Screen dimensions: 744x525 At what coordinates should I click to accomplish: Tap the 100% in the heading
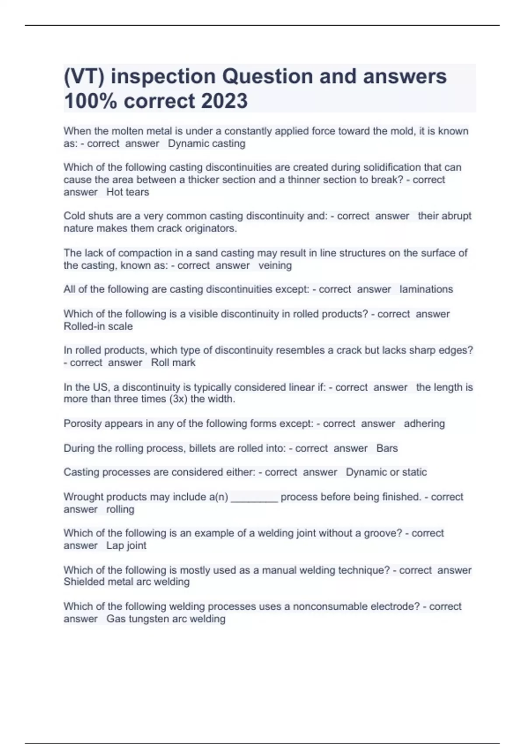click(91, 101)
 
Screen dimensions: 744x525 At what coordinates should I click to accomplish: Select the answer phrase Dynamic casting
click(206, 144)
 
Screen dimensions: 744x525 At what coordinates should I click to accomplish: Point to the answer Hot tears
click(128, 192)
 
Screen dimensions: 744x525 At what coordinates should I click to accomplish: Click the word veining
click(275, 265)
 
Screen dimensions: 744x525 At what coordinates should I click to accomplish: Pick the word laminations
click(426, 289)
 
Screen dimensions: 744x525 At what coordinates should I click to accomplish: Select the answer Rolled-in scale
click(98, 326)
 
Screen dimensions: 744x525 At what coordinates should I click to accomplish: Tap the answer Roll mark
click(173, 362)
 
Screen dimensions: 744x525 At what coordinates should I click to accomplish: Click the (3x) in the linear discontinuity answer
click(174, 399)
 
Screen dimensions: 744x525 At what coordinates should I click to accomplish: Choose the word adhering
click(424, 424)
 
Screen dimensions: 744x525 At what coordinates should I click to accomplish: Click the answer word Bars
click(387, 448)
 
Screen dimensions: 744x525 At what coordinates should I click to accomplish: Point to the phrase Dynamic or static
click(386, 472)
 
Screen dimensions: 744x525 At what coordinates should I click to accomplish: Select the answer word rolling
click(120, 509)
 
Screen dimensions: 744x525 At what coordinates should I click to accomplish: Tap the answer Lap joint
click(126, 545)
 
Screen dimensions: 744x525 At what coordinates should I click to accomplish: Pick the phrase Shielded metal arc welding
click(126, 582)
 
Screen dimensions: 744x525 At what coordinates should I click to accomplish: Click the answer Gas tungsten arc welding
click(166, 619)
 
